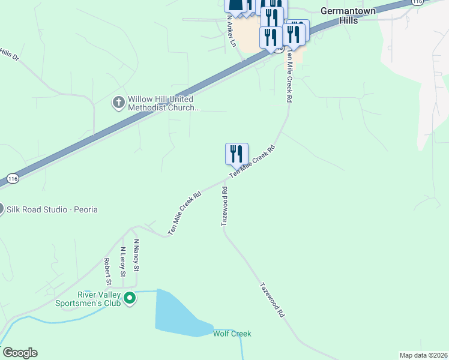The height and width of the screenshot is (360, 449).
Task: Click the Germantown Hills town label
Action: tap(348, 16)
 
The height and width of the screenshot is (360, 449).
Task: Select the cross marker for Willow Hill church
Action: tap(118, 103)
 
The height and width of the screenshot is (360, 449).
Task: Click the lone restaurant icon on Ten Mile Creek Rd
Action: tap(237, 154)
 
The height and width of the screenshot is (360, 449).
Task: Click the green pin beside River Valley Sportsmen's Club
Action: tap(130, 298)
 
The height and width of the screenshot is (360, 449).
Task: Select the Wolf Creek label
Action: tap(232, 334)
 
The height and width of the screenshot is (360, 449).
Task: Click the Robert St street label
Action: tap(107, 271)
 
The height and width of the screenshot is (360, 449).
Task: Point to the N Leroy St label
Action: tap(122, 261)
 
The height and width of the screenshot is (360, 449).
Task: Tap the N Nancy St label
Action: tap(136, 257)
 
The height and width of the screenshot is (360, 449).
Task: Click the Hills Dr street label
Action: tap(10, 55)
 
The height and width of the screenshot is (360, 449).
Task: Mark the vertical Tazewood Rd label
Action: tap(224, 206)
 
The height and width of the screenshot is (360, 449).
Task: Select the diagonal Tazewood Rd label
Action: tap(272, 300)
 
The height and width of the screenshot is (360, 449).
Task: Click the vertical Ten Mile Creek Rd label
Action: tap(289, 77)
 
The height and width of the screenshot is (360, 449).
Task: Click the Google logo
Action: tap(20, 353)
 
